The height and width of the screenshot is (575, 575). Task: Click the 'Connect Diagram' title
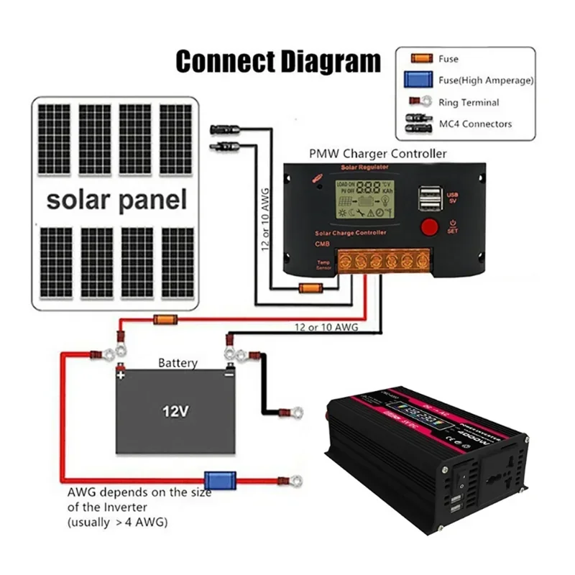278,61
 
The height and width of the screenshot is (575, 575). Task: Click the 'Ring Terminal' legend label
469,103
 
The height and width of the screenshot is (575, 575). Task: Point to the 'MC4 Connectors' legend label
475,124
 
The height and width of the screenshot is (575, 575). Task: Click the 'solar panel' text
116,199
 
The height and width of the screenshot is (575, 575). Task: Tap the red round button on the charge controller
429,227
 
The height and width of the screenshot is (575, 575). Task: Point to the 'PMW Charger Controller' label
377,153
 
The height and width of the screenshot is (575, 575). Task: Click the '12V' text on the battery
175,412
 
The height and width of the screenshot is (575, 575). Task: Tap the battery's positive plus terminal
121,374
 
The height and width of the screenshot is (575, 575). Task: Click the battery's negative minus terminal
228,374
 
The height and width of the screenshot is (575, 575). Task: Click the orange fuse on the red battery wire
165,319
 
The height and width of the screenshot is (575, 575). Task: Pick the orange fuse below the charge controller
309,289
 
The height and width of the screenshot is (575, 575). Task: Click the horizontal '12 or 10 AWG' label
326,328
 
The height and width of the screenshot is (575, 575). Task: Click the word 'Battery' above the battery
177,363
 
